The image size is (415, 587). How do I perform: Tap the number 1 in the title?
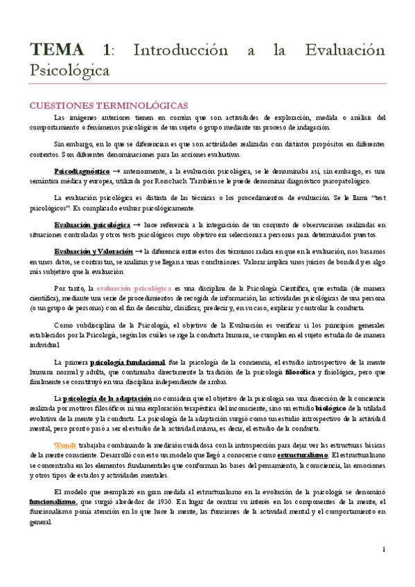tap(106, 51)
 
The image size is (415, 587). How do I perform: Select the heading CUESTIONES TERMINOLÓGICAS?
tap(107, 105)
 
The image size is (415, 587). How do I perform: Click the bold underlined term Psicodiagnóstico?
tap(82, 170)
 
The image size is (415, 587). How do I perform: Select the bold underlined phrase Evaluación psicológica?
tap(91, 225)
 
